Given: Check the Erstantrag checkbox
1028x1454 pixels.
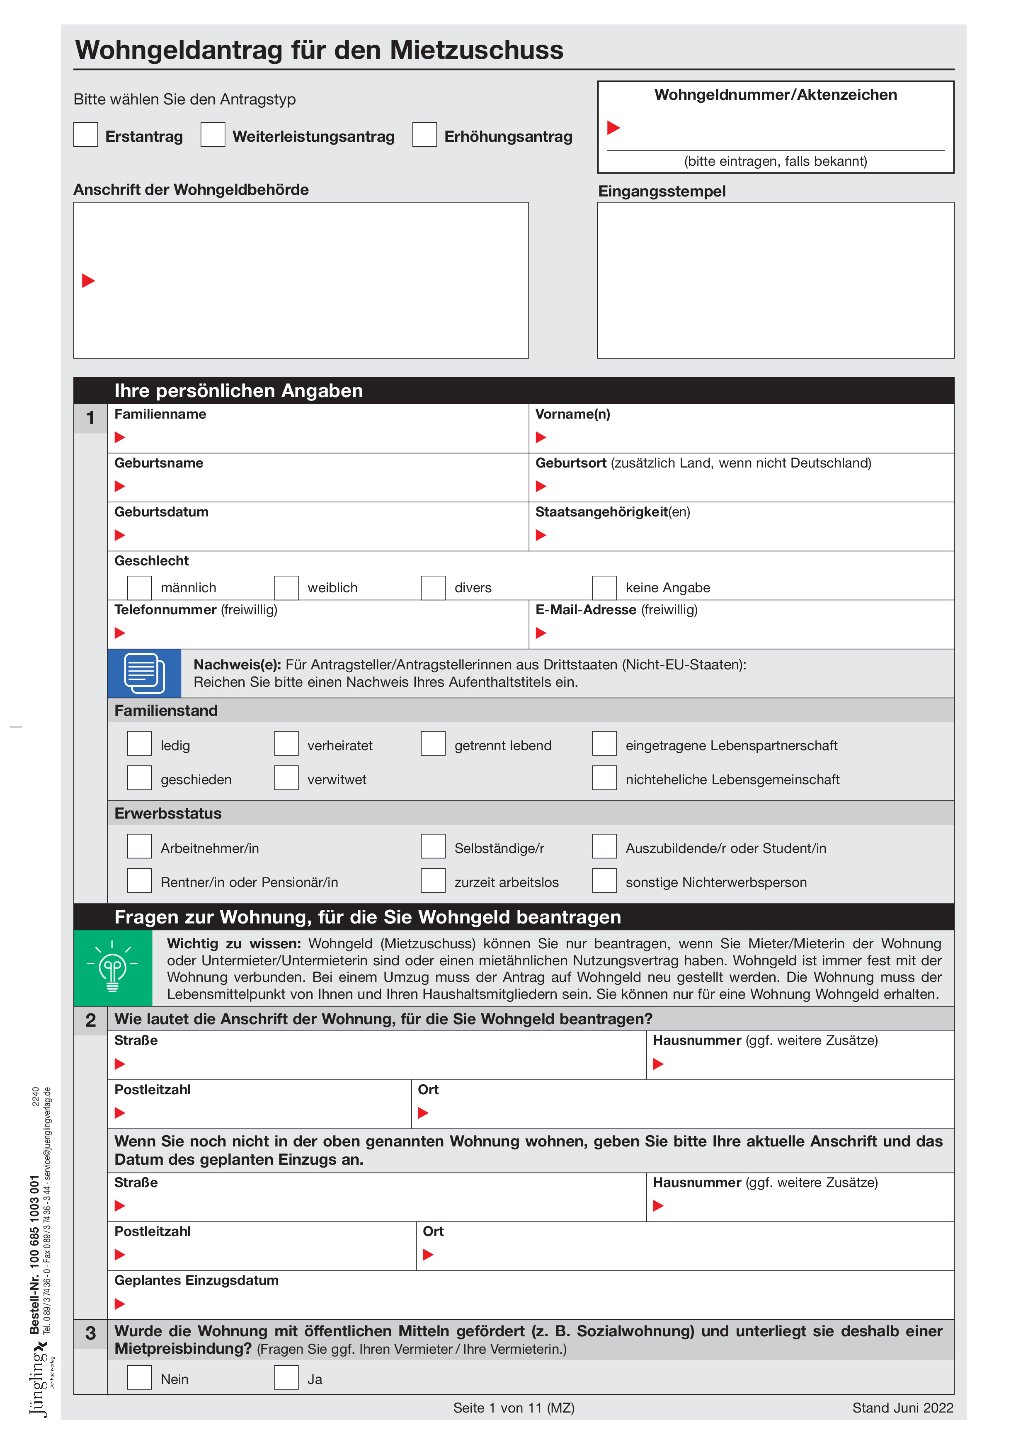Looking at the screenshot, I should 85,134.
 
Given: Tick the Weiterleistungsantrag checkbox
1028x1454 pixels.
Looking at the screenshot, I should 213,134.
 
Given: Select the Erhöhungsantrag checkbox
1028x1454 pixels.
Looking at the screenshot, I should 424,134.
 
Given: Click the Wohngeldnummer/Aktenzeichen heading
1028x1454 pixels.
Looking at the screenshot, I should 775,95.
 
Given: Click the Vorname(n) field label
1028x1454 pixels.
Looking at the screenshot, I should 572,414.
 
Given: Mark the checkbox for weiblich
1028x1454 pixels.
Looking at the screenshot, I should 286,587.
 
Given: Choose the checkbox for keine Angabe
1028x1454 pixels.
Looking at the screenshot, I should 604,587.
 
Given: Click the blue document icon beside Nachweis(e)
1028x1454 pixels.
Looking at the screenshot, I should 144,673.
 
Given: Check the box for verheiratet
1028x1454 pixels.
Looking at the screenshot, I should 286,744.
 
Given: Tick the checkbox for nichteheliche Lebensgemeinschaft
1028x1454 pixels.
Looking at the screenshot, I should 604,778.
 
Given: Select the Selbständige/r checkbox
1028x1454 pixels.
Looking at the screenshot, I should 433,846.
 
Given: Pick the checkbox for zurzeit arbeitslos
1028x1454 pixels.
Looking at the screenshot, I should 433,880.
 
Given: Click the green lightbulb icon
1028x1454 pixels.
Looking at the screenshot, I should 113,967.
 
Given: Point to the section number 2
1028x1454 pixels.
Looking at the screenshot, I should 91,1020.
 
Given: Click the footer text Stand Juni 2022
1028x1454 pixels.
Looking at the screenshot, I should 902,1408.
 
